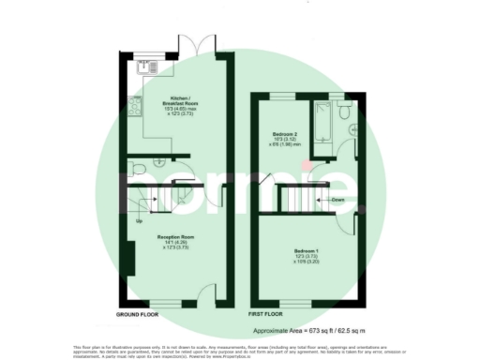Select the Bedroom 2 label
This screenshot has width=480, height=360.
coord(285,134)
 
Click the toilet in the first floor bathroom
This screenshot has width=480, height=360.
coord(347,112)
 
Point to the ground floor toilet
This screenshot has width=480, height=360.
coord(136,167)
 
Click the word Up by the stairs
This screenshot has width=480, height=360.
coord(140,221)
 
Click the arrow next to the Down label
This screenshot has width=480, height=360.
coord(322,200)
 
